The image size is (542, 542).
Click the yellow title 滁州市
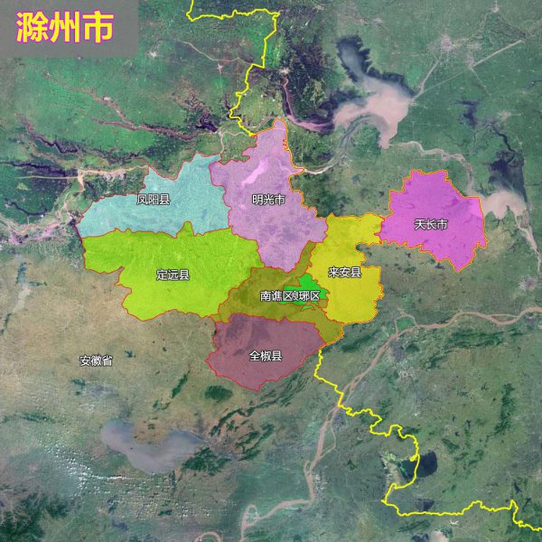(65, 29)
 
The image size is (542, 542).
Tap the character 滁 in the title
(33, 29)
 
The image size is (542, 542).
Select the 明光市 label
(268, 200)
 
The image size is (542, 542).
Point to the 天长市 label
(431, 223)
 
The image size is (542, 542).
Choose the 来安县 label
(344, 271)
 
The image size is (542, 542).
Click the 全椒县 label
(265, 355)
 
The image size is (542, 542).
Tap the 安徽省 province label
(96, 360)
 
